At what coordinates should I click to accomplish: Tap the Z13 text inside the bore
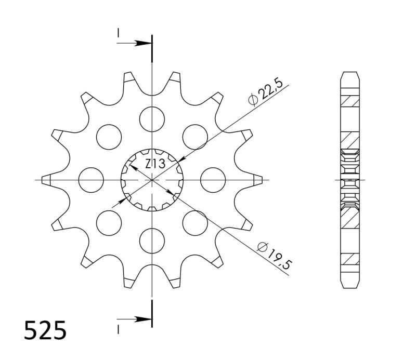click(154, 164)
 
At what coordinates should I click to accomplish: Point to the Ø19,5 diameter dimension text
click(274, 255)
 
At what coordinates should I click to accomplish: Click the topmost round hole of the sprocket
click(151, 118)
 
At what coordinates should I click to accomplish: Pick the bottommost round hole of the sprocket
click(151, 241)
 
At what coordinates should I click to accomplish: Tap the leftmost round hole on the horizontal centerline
click(90, 179)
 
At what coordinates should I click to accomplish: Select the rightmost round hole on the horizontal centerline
click(213, 179)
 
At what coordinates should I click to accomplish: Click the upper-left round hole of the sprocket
click(108, 136)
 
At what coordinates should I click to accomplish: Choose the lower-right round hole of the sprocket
click(195, 222)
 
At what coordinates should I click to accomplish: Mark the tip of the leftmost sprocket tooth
click(44, 180)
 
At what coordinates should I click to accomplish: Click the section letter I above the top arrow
click(119, 33)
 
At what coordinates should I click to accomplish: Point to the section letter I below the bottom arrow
click(119, 328)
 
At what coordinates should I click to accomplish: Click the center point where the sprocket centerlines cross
click(151, 180)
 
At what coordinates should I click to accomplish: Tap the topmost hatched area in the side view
click(349, 101)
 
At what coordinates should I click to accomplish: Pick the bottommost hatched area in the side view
click(349, 258)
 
